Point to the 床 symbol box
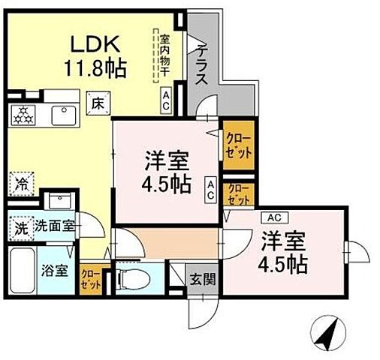(97, 104)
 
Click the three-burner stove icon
(22, 114)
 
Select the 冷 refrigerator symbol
(20, 181)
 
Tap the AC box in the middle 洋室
(212, 190)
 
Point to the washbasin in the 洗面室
(58, 201)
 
